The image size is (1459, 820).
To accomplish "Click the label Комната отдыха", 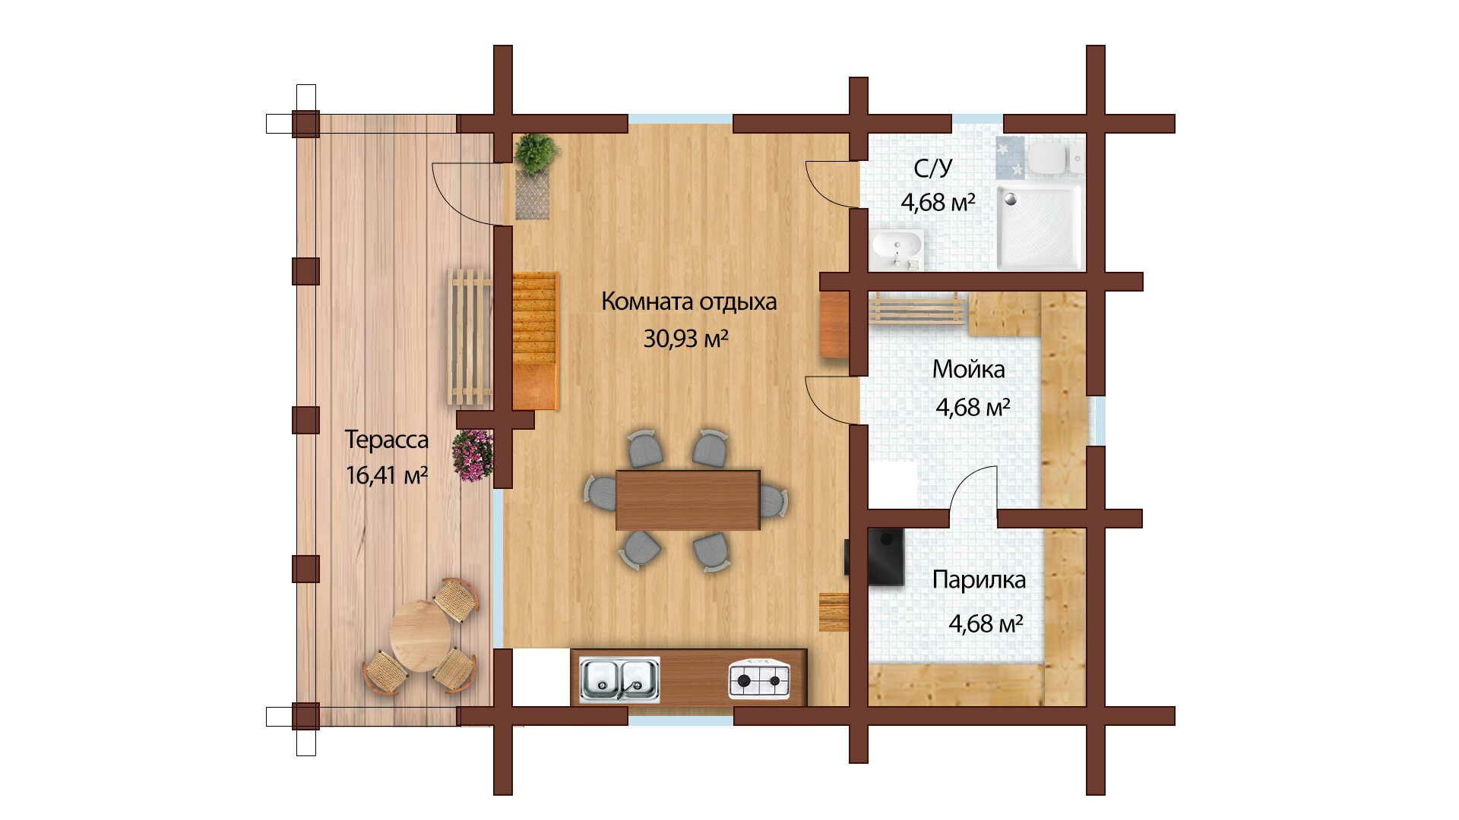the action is pyautogui.click(x=688, y=301).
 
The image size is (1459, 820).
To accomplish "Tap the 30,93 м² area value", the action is pyautogui.click(x=686, y=338).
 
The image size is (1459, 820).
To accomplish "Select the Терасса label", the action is pyautogui.click(x=386, y=439).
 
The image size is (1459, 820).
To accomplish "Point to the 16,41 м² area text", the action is pyautogui.click(x=386, y=475).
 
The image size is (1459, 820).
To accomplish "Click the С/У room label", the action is pyautogui.click(x=932, y=168).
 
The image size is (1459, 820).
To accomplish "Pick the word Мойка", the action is pyautogui.click(x=968, y=369).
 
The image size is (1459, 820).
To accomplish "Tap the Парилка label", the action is pyautogui.click(x=979, y=579).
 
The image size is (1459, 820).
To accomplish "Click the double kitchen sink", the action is pyautogui.click(x=619, y=680).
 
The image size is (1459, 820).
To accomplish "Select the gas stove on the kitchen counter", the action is pyautogui.click(x=759, y=680).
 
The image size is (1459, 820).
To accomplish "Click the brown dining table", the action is pyautogui.click(x=688, y=500).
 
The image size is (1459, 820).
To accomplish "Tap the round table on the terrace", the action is pyautogui.click(x=420, y=636).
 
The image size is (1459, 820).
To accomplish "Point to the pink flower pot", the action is pyautogui.click(x=473, y=456).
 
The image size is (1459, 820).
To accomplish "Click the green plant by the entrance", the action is pyautogui.click(x=536, y=153).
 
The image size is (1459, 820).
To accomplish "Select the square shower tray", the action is pyautogui.click(x=1040, y=228).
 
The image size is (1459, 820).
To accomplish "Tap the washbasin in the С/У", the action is pyautogui.click(x=897, y=248).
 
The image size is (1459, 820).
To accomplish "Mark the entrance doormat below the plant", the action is pyautogui.click(x=532, y=195).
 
